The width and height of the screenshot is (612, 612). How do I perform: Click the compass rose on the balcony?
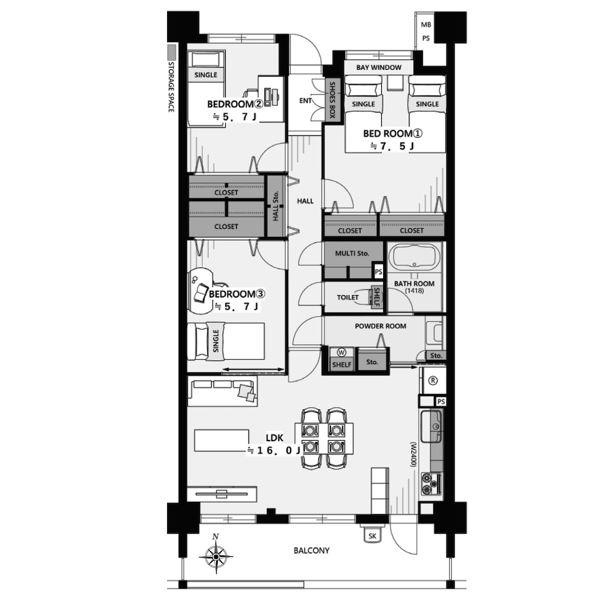[216, 556]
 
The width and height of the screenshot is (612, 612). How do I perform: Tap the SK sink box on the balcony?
[372, 535]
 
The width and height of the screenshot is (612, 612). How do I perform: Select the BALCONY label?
[312, 550]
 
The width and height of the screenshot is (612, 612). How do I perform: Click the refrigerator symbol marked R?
[433, 381]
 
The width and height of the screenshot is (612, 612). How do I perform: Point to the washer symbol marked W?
[341, 353]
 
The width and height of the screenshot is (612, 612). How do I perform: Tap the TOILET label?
[348, 297]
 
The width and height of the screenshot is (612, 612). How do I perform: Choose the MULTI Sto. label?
[352, 253]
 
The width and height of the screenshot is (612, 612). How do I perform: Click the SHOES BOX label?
[332, 100]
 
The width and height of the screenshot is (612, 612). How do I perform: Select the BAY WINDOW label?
[379, 67]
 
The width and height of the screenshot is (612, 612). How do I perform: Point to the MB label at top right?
[426, 24]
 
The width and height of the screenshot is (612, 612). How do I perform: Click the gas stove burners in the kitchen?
[431, 484]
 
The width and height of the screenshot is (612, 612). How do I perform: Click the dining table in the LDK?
[324, 438]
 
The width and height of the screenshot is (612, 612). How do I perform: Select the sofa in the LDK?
[222, 391]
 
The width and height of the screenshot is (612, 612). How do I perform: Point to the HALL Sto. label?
[275, 206]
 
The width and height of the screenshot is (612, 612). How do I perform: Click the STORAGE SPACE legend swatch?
[171, 51]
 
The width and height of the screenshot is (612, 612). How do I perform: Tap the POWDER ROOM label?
[381, 326]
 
